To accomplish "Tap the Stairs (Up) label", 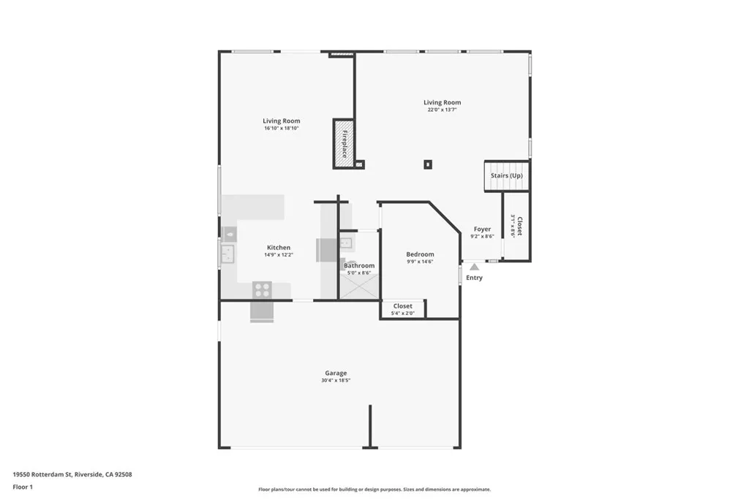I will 506,176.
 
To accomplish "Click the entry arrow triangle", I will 474,267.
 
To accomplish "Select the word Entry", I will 474,278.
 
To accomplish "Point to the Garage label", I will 336,373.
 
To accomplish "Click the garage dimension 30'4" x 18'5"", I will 336,381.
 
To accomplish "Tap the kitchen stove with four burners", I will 261,289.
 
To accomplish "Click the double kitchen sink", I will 227,254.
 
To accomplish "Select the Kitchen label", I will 278,248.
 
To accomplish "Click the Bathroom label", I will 359,266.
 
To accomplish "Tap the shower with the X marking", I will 358,286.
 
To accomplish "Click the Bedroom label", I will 420,254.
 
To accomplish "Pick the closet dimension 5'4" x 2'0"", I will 403,313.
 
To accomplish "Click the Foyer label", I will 482,229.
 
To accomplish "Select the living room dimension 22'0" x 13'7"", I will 443,110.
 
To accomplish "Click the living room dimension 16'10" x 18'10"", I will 282,129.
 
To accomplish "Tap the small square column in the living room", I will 428,164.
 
